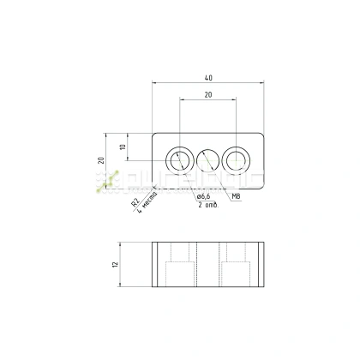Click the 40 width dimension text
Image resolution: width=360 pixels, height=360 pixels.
tap(208, 78)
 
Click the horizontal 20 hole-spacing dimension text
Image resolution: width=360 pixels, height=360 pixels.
tap(208, 95)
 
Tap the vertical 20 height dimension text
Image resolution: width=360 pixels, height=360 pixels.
tap(100, 160)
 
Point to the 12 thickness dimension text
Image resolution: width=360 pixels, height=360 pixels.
tap(115, 265)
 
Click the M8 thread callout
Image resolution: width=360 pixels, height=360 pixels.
tap(236, 196)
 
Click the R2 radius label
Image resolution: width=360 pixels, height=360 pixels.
tap(134, 203)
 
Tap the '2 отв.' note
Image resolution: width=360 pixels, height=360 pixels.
tap(207, 207)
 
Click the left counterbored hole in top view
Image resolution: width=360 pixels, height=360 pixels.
tap(180, 159)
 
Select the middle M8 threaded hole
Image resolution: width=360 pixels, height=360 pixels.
tap(208, 159)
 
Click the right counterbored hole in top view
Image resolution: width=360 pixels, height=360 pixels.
tap(236, 159)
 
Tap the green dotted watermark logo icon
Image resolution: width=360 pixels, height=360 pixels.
tap(107, 179)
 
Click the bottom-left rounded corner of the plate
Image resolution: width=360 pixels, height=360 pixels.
tap(155, 184)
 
